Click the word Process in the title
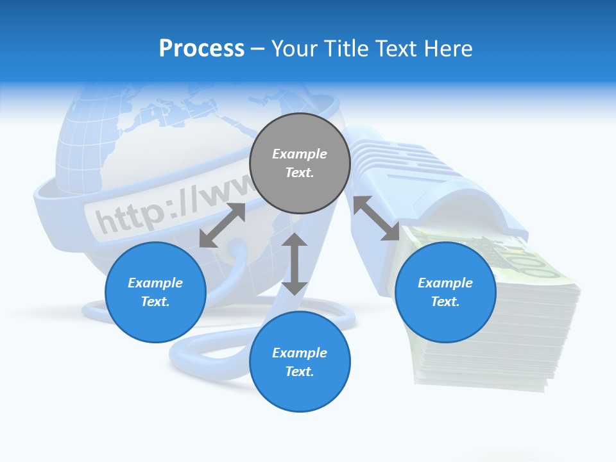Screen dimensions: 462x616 (201, 49)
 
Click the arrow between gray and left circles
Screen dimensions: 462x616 (222, 225)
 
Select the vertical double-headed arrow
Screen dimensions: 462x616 (295, 264)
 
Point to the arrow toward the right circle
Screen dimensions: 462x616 (376, 218)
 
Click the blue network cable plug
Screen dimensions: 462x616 (436, 186)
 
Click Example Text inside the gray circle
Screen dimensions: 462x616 (300, 163)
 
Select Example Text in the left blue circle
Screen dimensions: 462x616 (155, 292)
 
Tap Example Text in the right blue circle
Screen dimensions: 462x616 (445, 292)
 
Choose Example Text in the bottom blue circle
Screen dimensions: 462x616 (300, 362)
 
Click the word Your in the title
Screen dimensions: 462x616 (292, 49)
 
